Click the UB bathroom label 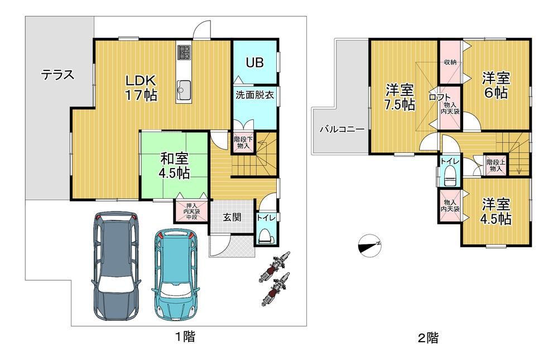tap(255, 63)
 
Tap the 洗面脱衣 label tap(254, 95)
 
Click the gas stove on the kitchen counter tap(184, 52)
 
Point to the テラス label tap(57, 75)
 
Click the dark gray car tap(116, 266)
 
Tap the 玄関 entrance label tap(232, 217)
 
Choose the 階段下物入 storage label tap(243, 142)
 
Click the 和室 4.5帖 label tap(174, 166)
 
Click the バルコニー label tap(341, 129)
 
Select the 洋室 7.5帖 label tap(400, 97)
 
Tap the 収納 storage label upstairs tap(450, 62)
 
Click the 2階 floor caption tap(428, 337)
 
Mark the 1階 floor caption tap(185, 336)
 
